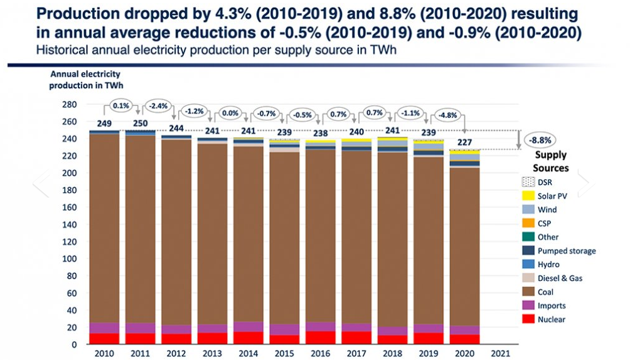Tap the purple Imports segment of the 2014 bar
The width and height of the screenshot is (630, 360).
[x=248, y=327]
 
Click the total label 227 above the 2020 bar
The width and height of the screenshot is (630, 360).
[x=465, y=142]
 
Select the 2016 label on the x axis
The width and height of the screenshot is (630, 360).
[x=321, y=353]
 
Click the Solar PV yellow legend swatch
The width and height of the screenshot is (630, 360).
[x=528, y=196]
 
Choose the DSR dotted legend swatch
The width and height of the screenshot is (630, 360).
[x=528, y=182]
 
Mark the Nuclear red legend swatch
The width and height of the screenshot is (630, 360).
[x=528, y=319]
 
